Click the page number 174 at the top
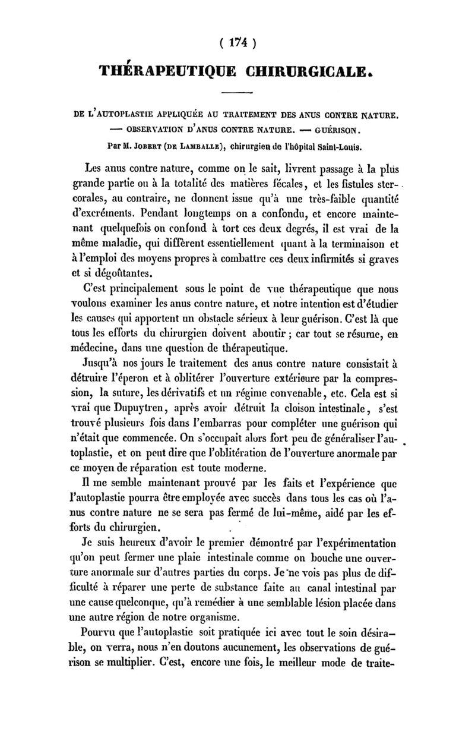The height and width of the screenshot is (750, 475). (237, 43)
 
